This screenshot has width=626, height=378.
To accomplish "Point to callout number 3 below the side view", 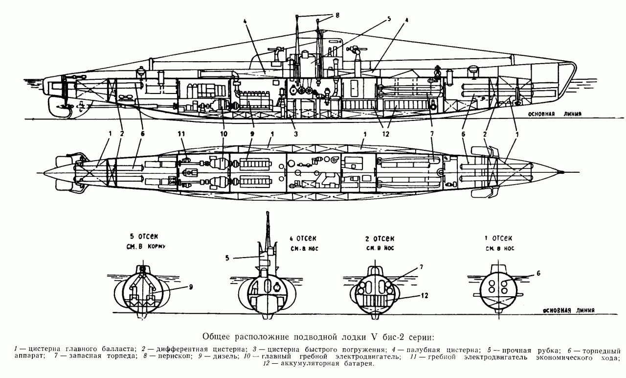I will [x=295, y=133].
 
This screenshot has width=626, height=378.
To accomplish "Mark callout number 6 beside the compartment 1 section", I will [x=538, y=274].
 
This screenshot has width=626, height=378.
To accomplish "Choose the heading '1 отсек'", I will [x=498, y=238].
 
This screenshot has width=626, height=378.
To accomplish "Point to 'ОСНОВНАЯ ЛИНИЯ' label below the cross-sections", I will [x=569, y=310].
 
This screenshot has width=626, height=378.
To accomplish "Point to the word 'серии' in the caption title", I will [x=413, y=337].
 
